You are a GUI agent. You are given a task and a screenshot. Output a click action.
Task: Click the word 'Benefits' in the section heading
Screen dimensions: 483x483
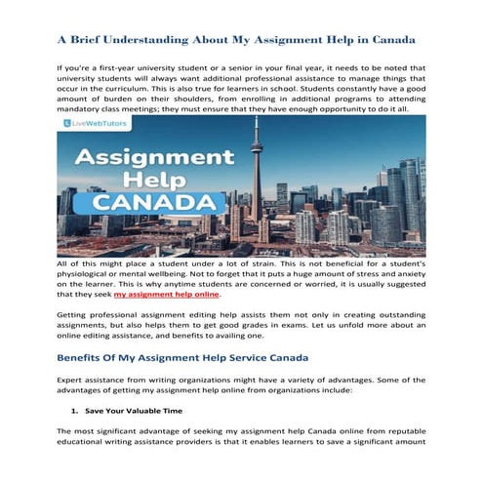(x=85, y=357)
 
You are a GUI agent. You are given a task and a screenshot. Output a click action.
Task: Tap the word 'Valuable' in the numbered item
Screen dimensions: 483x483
(x=141, y=412)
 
